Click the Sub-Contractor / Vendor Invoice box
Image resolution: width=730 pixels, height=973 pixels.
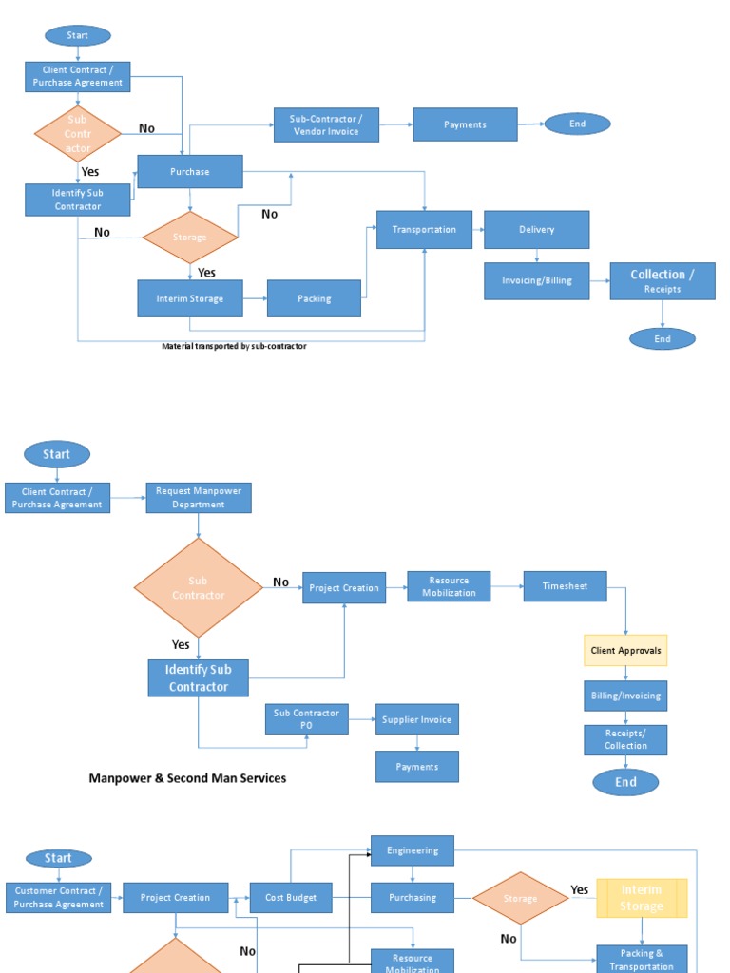tap(326, 124)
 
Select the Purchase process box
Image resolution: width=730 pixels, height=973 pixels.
tap(190, 172)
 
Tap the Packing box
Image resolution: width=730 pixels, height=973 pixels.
tap(314, 298)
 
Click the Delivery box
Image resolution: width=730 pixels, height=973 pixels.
tap(536, 230)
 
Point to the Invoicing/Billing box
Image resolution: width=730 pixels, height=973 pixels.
tap(536, 281)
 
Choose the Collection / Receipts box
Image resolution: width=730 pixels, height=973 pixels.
tap(662, 281)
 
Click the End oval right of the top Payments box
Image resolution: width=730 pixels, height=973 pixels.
tap(577, 124)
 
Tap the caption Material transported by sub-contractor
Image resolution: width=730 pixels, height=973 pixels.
tap(234, 346)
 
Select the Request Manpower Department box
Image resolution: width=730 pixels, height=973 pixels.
tap(199, 498)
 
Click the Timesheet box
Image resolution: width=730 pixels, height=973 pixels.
tap(565, 586)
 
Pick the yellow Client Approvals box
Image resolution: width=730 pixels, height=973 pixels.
tap(625, 651)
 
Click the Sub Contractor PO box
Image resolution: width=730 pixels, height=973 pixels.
tap(306, 719)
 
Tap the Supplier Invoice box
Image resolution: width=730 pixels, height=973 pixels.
tap(416, 719)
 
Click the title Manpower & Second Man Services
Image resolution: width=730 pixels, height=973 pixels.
tap(187, 778)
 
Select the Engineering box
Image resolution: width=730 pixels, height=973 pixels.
tap(412, 850)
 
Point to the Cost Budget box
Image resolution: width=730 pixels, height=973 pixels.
tap(291, 898)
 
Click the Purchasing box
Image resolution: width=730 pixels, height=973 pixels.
tap(412, 897)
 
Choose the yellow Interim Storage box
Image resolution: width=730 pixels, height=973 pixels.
tap(642, 898)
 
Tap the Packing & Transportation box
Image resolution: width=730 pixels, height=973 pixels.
tap(642, 959)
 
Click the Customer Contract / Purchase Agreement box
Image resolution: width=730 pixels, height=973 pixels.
tap(58, 898)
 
